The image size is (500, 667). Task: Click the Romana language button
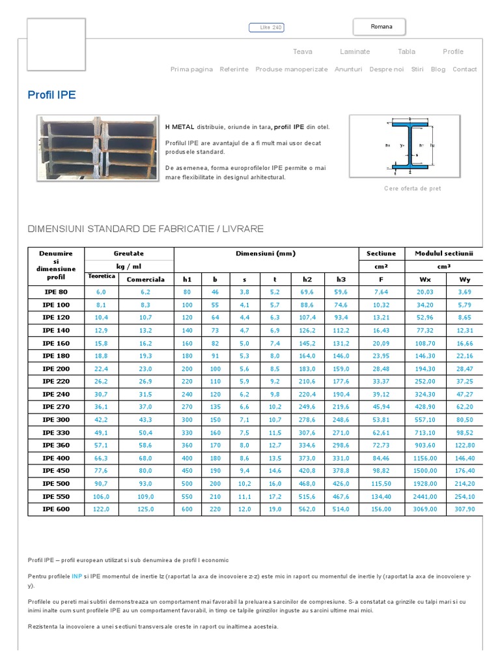[381, 27]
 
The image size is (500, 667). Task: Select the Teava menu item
[303, 51]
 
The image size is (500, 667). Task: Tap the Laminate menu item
[355, 51]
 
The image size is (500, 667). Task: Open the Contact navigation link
[464, 69]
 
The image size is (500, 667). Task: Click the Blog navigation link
[438, 69]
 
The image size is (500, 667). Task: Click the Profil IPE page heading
[52, 95]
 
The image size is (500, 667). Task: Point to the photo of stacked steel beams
[96, 148]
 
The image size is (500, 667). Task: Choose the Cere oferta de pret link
[412, 188]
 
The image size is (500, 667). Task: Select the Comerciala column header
[145, 279]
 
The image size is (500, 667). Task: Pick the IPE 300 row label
[56, 419]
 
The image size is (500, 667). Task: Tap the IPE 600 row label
[56, 509]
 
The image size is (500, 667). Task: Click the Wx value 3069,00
[426, 509]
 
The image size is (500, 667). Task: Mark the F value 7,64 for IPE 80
[381, 292]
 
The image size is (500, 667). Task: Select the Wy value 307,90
[464, 509]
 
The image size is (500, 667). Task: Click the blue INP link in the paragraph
[77, 576]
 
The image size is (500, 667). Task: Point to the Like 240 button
[267, 27]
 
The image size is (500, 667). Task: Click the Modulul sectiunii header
[445, 253]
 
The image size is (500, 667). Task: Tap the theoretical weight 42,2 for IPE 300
[102, 419]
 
